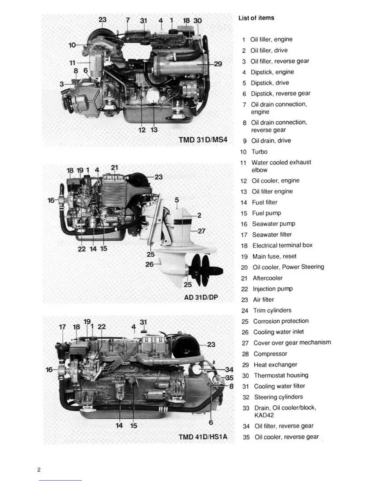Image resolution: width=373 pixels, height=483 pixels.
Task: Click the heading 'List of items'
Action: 256,18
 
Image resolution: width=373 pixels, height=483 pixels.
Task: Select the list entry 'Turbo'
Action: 259,152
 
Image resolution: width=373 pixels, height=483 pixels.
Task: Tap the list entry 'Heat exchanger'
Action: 275,365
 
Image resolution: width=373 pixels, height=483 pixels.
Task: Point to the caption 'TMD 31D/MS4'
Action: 203,140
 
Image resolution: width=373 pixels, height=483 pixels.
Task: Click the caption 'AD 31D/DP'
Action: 201,297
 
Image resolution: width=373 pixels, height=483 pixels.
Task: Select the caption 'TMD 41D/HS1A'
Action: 203,437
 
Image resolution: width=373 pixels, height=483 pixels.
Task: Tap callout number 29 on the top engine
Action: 218,64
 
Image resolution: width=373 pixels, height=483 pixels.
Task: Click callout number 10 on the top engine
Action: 72,45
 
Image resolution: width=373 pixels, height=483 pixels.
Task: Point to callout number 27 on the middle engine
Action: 201,231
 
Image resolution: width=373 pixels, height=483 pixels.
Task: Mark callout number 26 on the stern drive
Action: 149,264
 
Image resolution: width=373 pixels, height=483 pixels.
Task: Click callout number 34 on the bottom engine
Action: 229,370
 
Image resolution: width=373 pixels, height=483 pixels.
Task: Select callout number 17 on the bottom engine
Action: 62,327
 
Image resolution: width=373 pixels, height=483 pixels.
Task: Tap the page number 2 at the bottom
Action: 39,470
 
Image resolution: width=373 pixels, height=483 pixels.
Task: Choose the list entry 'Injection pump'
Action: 272,289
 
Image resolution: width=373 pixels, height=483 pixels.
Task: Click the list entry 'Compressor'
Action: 270,354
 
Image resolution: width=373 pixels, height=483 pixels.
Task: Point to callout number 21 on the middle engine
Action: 114,167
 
